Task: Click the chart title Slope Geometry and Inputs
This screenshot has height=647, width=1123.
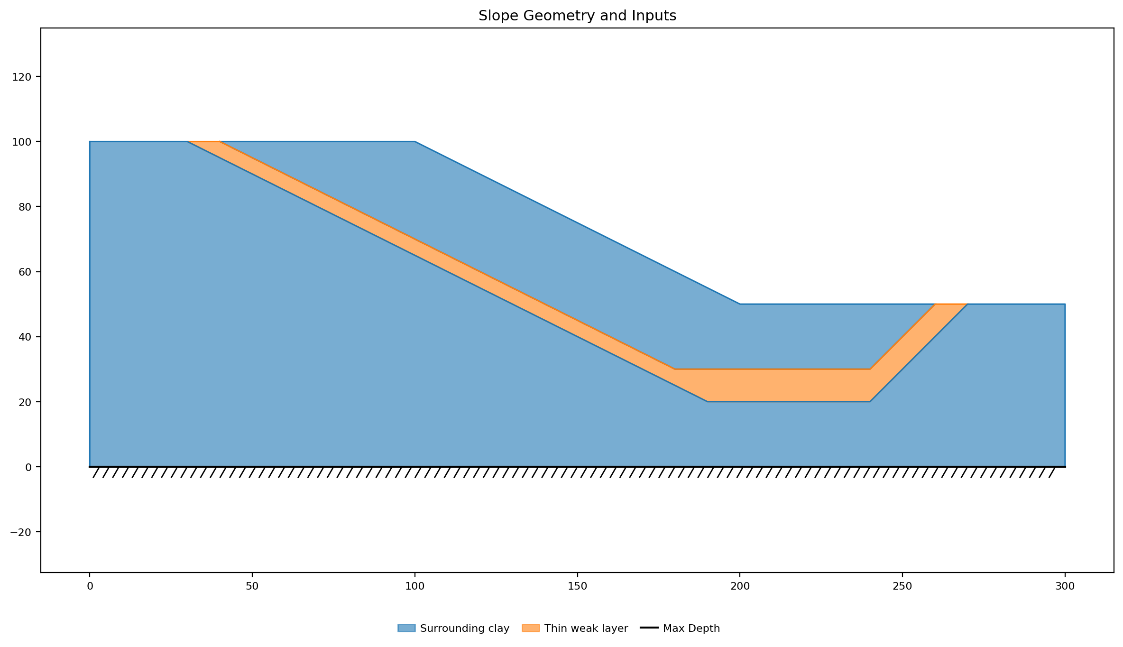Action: pos(577,16)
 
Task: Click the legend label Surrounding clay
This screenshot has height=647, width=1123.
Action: pos(465,629)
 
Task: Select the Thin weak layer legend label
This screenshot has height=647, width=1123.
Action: pos(586,629)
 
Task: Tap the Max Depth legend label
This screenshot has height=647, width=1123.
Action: pos(691,629)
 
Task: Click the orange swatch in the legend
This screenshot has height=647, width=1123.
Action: pos(531,628)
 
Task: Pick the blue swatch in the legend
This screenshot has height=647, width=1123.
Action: pos(406,628)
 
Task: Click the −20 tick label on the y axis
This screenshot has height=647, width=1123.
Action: pos(20,532)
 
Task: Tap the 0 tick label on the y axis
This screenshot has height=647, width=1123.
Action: pos(28,467)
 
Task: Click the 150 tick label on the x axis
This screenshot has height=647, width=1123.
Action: pos(577,586)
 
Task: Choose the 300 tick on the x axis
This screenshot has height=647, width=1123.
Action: pos(1065,586)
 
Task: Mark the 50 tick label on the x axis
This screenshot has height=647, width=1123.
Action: pos(252,586)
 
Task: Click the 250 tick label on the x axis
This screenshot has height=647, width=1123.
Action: pos(902,586)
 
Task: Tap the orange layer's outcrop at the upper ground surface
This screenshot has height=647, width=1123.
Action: pos(204,142)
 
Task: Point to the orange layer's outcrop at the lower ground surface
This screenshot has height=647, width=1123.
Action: pos(951,304)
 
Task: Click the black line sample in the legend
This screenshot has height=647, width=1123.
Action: pos(649,628)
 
